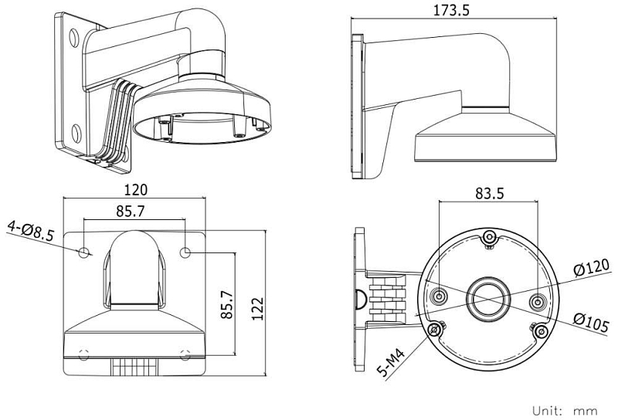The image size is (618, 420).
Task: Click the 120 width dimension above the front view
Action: pyautogui.click(x=134, y=189)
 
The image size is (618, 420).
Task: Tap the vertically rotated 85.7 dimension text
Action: pyautogui.click(x=227, y=305)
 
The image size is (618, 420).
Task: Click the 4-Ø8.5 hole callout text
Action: pyautogui.click(x=30, y=230)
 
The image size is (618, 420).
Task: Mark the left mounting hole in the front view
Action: pyautogui.click(x=83, y=252)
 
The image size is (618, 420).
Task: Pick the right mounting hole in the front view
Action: pyautogui.click(x=185, y=252)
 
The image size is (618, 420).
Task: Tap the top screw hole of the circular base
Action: pyautogui.click(x=489, y=239)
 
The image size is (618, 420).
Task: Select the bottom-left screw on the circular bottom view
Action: pyautogui.click(x=436, y=330)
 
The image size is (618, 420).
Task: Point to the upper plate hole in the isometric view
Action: pyautogui.click(x=73, y=36)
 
